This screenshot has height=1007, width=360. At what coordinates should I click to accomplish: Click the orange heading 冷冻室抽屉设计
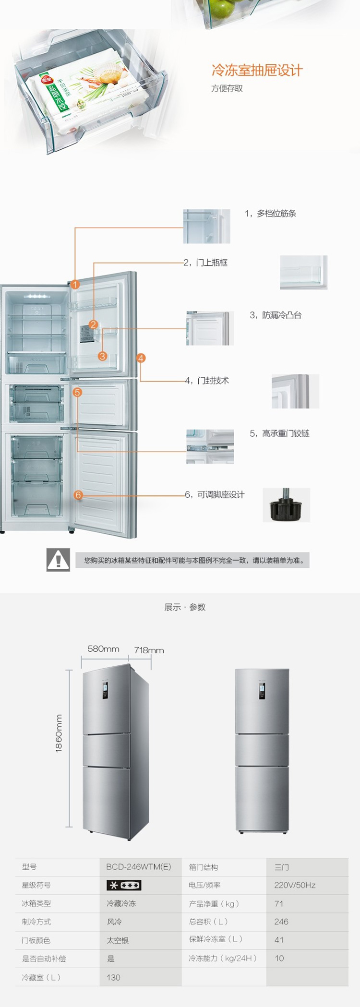click(257, 71)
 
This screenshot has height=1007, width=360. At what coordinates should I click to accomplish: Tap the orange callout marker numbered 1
click(75, 285)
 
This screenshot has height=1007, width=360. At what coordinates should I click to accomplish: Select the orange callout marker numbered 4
click(141, 358)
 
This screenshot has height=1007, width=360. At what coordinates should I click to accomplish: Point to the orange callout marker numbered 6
click(78, 495)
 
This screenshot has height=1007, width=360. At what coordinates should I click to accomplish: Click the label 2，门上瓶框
click(206, 263)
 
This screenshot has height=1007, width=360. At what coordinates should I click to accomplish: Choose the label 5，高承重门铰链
click(279, 433)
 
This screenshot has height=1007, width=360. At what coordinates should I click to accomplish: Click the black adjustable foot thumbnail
click(286, 505)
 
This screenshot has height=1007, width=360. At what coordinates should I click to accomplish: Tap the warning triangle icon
click(58, 560)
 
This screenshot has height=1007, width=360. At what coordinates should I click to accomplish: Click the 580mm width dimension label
click(103, 649)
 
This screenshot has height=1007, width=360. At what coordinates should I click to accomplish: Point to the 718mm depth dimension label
click(149, 650)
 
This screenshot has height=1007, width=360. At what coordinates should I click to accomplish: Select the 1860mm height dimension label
click(59, 733)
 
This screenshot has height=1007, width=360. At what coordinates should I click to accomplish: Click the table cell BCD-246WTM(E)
click(138, 867)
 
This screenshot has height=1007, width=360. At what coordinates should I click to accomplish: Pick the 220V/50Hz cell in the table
click(295, 885)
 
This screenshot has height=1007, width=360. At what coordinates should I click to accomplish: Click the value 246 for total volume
click(281, 922)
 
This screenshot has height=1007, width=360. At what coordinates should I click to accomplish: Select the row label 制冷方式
click(36, 922)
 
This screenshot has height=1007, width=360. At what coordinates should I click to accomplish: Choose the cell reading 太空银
click(118, 940)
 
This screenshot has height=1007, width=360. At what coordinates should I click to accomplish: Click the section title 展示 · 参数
click(185, 607)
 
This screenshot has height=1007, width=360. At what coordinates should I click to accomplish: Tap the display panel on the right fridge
click(262, 690)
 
